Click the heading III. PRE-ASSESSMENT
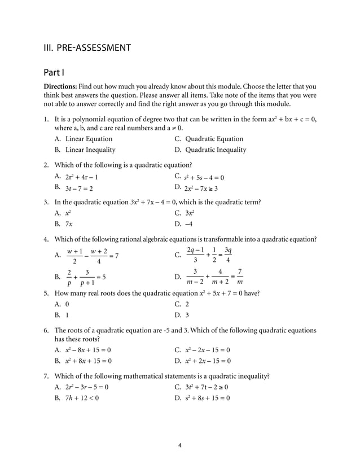(x=87, y=47)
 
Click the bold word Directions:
(x=60, y=86)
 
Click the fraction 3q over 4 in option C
(x=227, y=255)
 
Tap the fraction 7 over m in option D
(x=240, y=277)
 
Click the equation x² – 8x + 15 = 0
(x=88, y=350)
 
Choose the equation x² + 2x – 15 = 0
(x=208, y=361)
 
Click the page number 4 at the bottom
(x=179, y=445)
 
